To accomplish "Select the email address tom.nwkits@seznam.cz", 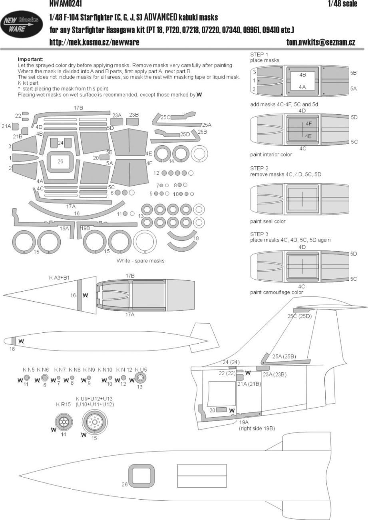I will coord(321,42).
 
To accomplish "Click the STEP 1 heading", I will coord(259,54).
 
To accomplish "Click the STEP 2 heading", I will coord(259,168).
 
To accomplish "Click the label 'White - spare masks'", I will coord(140,260).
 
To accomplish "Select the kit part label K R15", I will coord(63,405).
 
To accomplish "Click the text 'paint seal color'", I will coord(268,221).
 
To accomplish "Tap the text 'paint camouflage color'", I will coord(276,292).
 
